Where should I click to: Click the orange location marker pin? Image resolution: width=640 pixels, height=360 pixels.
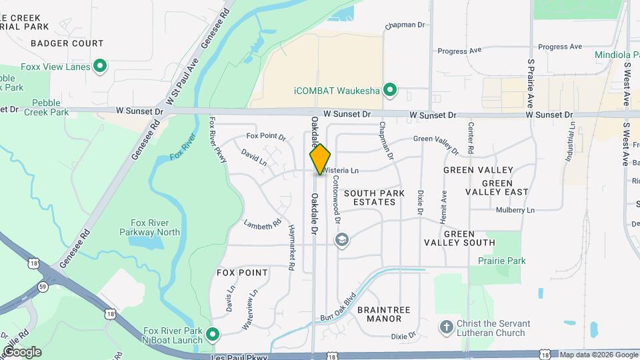(320, 159)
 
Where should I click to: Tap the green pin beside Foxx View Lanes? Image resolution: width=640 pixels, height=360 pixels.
(100, 66)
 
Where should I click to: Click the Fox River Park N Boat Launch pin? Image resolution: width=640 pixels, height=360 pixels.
(213, 334)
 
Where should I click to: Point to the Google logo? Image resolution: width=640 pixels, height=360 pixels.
(22, 352)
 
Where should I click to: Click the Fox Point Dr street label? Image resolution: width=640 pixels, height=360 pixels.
(265, 137)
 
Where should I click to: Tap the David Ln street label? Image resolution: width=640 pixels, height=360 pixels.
(254, 158)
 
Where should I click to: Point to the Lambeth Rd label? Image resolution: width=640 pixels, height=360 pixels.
(262, 225)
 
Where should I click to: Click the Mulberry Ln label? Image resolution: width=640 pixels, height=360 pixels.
(515, 210)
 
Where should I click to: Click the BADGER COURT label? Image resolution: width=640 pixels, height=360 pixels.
(67, 43)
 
